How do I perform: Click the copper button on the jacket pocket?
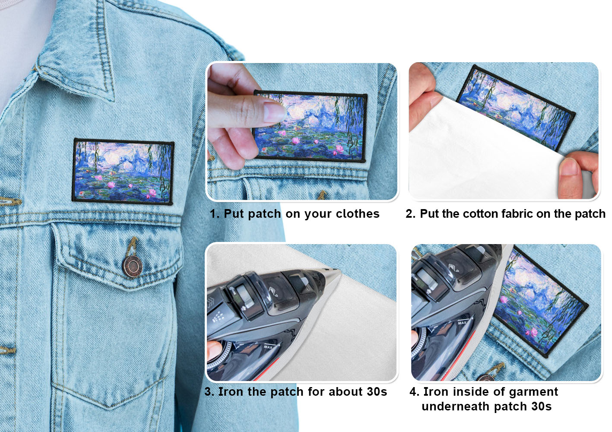click(x=132, y=267)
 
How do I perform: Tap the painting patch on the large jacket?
click(x=123, y=172)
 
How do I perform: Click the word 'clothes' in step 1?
click(x=358, y=214)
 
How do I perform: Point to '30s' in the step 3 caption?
click(x=377, y=391)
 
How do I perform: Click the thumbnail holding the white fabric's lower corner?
click(x=569, y=167)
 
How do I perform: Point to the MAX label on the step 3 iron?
click(x=268, y=347)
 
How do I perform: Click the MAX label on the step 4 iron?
click(x=462, y=323)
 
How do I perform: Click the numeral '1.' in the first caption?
click(x=215, y=214)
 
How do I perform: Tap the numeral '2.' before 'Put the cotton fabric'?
click(x=411, y=214)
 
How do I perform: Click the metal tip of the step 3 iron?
click(x=335, y=270)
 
